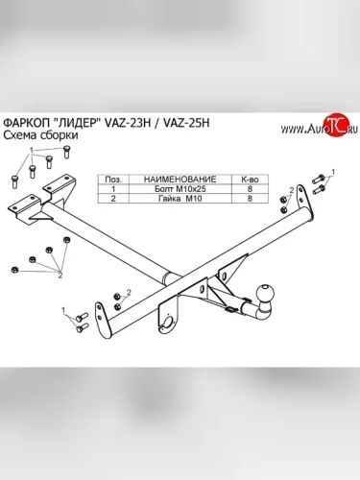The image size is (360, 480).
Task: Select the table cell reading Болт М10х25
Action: pos(180,189)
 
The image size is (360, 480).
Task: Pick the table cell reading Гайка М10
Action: pos(180,199)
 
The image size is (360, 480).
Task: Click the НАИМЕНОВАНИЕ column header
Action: pos(180,180)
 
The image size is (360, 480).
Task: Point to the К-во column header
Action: pos(250,180)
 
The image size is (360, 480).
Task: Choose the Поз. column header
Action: pos(113,180)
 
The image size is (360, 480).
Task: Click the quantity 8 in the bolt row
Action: pos(250,189)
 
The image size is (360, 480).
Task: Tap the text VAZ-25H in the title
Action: pos(186,123)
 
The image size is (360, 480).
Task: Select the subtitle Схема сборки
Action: pos(40,135)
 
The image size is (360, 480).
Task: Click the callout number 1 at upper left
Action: pos(32,150)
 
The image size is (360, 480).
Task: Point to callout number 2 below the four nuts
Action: pos(60,275)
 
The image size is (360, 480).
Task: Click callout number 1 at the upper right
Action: pos(333,172)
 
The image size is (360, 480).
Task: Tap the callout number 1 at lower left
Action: pos(63,310)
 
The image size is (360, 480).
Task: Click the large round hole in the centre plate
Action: pos(169,323)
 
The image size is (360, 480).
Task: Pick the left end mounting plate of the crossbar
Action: pos(100,318)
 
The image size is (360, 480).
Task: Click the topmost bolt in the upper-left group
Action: pos(67,152)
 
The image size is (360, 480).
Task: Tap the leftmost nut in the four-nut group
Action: pos(13,269)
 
